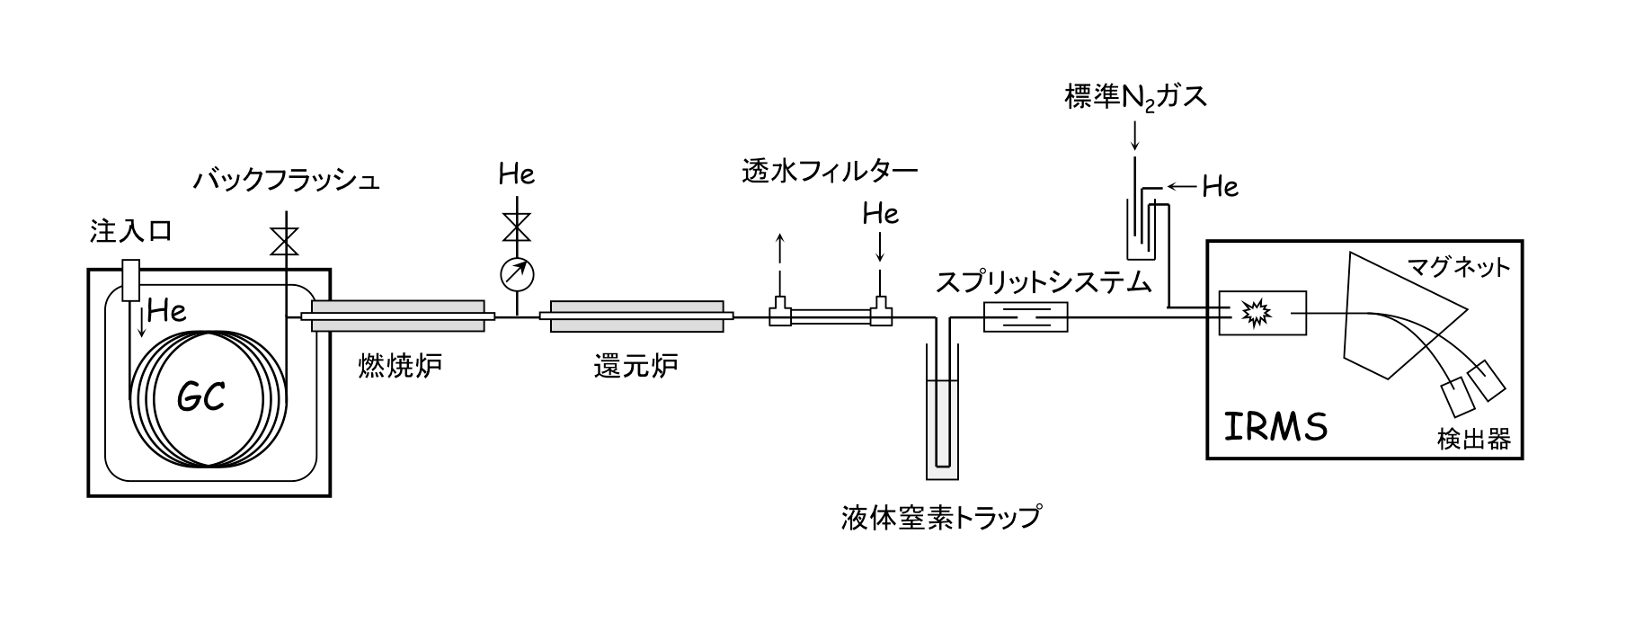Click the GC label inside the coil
200,396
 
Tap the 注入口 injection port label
130,231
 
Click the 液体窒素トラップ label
940,518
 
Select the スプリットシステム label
1044,282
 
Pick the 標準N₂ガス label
1135,97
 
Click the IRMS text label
1275,427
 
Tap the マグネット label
1459,267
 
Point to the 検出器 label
1473,439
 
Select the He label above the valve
517,174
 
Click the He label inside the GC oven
167,311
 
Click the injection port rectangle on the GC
129,280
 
